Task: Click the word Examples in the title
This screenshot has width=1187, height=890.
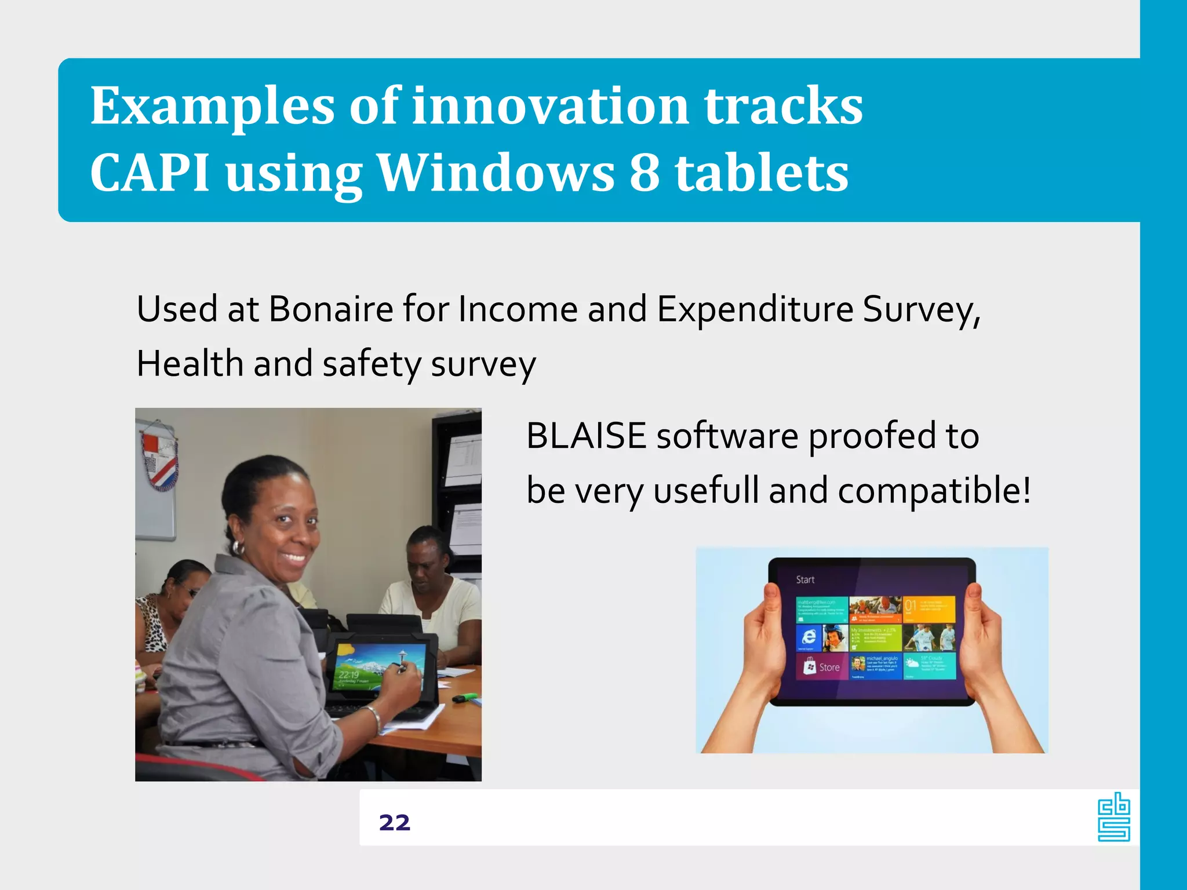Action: tap(212, 107)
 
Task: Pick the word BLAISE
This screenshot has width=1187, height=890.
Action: tap(586, 436)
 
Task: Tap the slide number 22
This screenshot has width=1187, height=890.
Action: tap(395, 823)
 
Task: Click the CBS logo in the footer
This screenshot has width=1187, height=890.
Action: tap(1113, 818)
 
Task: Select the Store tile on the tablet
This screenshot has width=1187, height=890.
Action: tap(822, 667)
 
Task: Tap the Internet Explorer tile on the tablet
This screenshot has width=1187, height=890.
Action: tap(809, 637)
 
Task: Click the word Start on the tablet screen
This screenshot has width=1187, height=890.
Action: tap(805, 579)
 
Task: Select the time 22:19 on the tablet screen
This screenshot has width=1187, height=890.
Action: tap(349, 675)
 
